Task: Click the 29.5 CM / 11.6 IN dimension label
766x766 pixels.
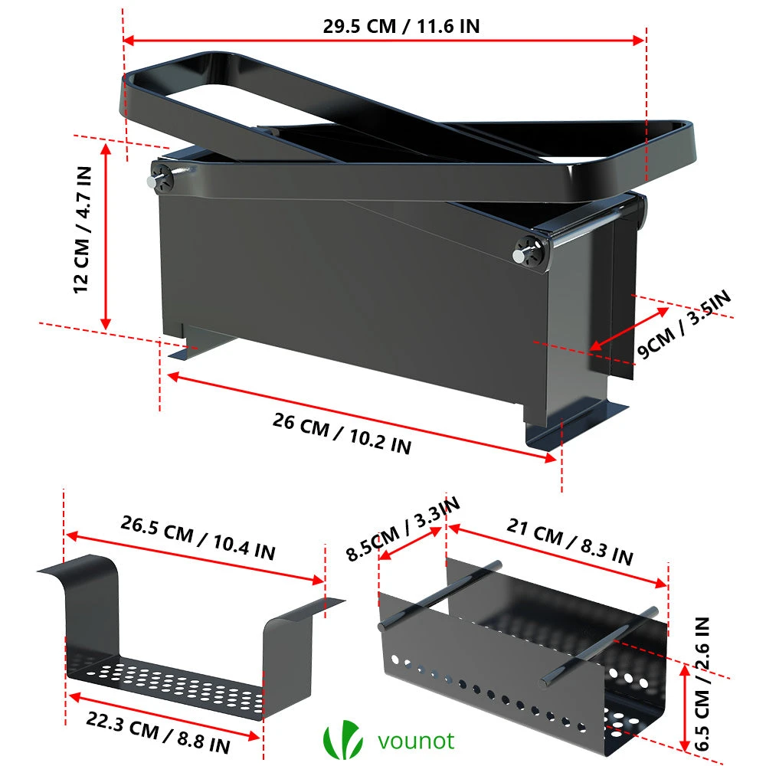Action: [x=401, y=26]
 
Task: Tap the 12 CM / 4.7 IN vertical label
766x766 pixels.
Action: [x=82, y=230]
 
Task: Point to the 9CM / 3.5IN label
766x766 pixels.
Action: [x=684, y=323]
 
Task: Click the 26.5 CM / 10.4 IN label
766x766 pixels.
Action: [x=198, y=537]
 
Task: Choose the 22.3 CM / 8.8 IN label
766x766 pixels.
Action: [x=158, y=732]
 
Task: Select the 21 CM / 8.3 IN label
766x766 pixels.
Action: [x=570, y=541]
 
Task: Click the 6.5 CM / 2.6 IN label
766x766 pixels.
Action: [x=702, y=683]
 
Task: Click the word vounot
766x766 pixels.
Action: [x=416, y=741]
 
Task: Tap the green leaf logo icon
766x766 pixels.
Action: [x=342, y=739]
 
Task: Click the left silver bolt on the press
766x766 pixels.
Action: [x=152, y=182]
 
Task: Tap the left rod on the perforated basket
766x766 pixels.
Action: [x=440, y=595]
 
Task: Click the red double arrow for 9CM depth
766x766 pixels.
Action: [x=629, y=329]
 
